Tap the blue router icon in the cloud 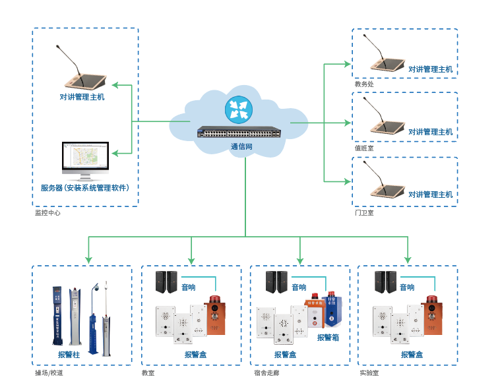(238, 109)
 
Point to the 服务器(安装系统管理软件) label (85, 188)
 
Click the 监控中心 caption (47, 214)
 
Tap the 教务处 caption (364, 84)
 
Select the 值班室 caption (364, 148)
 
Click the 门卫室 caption (364, 213)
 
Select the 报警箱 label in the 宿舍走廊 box (328, 338)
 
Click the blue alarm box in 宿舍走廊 (333, 312)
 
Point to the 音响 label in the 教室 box (189, 287)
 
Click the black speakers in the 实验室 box (385, 282)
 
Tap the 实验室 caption (369, 373)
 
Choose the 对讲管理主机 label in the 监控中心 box (82, 97)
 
